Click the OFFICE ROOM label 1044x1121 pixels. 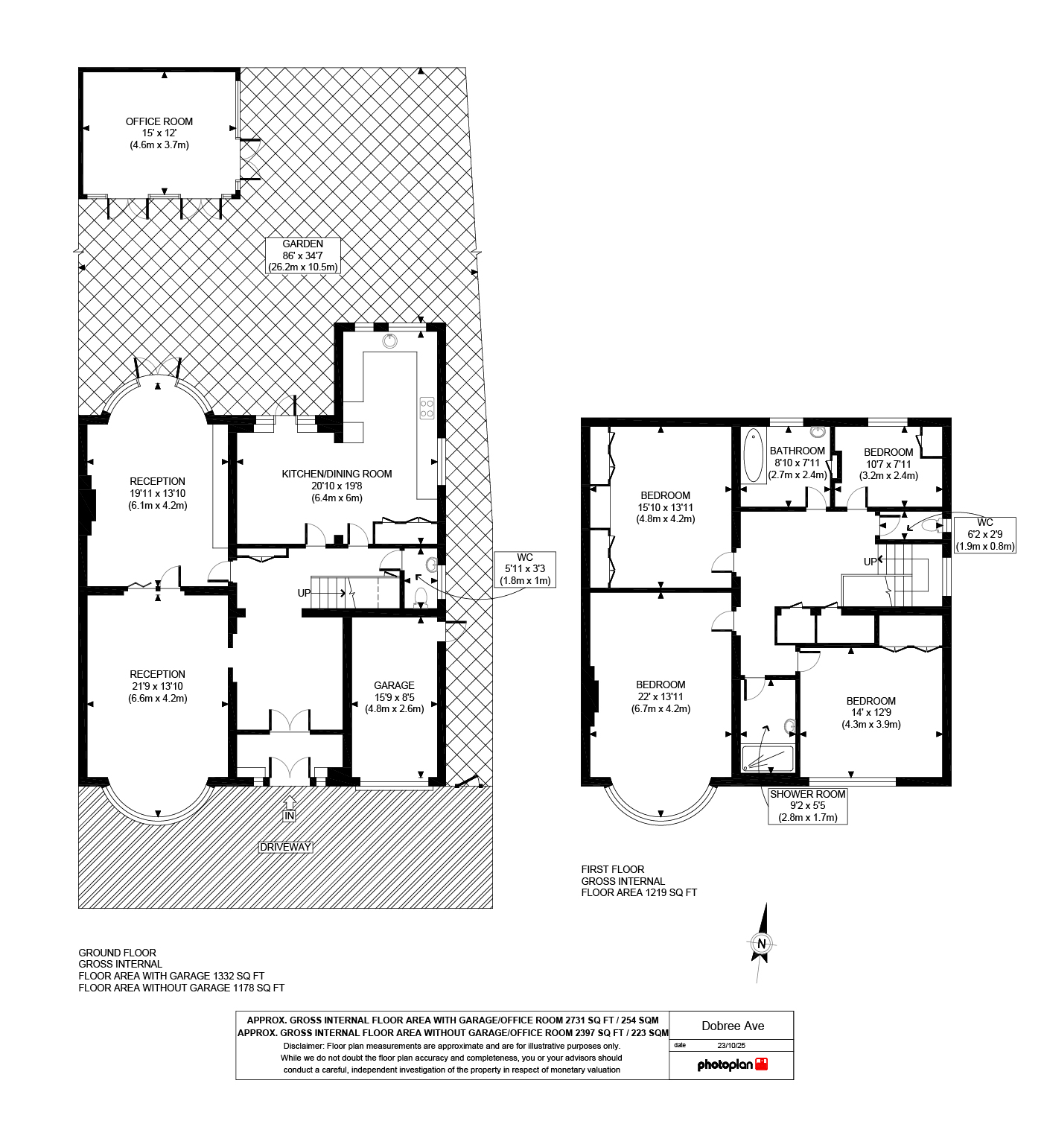[159, 133]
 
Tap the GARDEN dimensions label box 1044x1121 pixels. [303, 255]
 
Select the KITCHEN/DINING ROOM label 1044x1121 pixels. [337, 485]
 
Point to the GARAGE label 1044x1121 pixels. [394, 696]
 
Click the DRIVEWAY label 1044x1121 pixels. [285, 847]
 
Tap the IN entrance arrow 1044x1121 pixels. [290, 810]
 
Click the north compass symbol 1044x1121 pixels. [761, 943]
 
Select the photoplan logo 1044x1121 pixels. [732, 1064]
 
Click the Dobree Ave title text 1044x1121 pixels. [733, 1026]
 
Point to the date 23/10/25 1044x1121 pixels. [731, 1045]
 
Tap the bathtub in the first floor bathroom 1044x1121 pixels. [753, 454]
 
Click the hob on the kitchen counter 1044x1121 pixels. [427, 407]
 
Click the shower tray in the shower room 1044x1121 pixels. [768, 758]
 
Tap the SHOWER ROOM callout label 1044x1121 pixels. [808, 805]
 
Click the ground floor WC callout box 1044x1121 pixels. [525, 569]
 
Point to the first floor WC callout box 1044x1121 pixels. [984, 534]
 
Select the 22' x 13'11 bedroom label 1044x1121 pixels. [661, 696]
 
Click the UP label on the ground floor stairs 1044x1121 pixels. [304, 593]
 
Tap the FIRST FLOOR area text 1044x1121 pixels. [639, 880]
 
